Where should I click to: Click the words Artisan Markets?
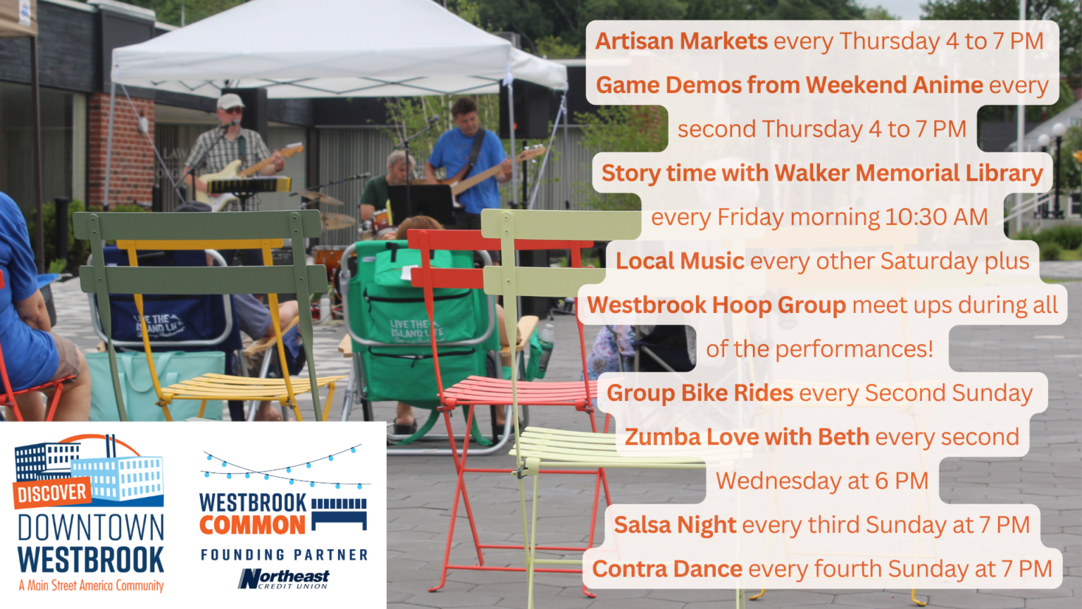[681, 41]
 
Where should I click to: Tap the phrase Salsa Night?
[674, 525]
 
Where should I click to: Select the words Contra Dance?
[666, 569]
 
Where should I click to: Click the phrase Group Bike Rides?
[699, 393]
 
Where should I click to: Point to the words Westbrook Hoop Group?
[716, 305]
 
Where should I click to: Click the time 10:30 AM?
[936, 217]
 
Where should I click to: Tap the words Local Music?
[680, 261]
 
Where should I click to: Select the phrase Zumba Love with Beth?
[747, 437]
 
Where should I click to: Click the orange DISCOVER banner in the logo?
[51, 493]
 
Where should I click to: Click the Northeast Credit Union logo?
[283, 579]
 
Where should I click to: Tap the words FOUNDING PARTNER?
[284, 555]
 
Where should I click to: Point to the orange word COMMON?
[252, 525]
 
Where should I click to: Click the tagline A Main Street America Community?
[91, 586]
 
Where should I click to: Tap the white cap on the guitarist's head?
[230, 101]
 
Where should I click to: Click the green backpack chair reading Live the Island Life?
[416, 324]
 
